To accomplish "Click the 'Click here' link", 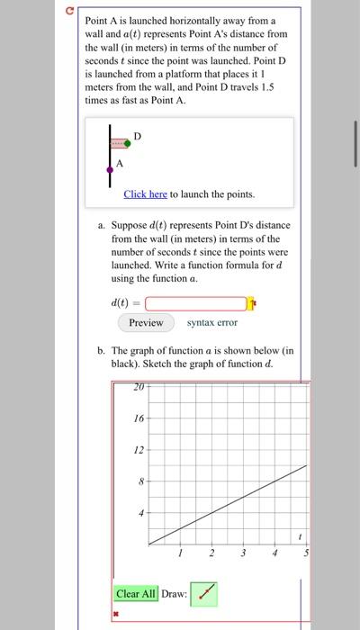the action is (145, 193).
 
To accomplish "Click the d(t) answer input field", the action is (194, 303).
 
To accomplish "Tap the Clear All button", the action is (136, 593).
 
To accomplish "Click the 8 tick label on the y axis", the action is (139, 481).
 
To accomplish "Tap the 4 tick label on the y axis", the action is (139, 513).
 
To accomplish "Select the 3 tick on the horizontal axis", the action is (243, 553).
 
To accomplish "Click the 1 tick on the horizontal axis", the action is (180, 553).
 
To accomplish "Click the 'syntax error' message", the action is (212, 322).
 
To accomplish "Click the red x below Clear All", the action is (116, 614).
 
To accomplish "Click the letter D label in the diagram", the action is (137, 135).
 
